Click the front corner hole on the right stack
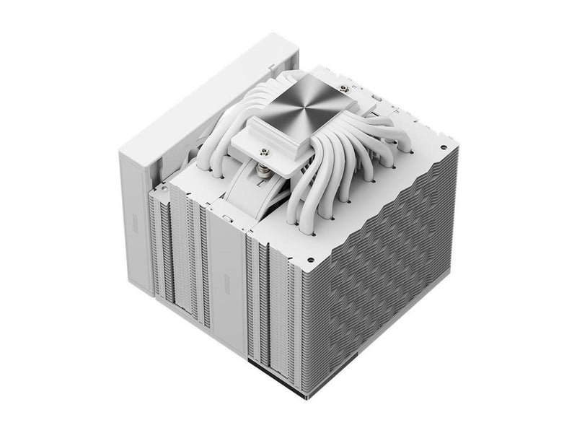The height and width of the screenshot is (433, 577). [x=309, y=258]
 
